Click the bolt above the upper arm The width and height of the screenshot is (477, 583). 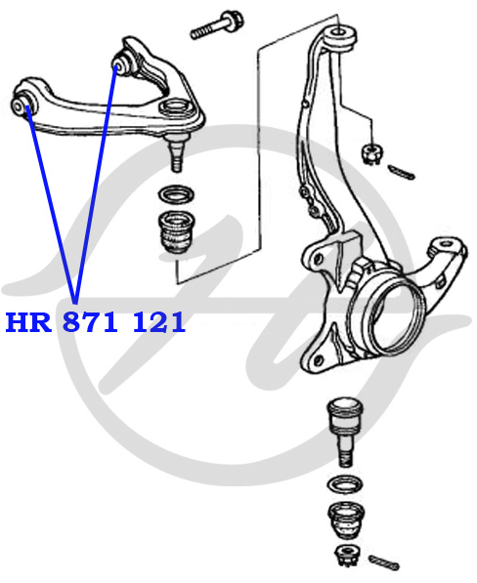click(x=217, y=25)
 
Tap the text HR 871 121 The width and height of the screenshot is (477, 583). click(x=95, y=322)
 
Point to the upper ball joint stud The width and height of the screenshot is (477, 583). click(x=176, y=151)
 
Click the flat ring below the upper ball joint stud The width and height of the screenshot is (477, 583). click(x=176, y=194)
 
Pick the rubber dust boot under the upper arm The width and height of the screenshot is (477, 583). click(x=176, y=232)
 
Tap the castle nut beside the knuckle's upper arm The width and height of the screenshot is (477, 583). click(x=371, y=154)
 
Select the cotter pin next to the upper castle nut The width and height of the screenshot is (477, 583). click(x=401, y=172)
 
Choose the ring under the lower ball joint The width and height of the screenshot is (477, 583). click(x=345, y=484)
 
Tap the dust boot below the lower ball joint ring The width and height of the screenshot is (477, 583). click(x=346, y=520)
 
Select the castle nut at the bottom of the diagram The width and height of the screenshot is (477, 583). click(x=347, y=557)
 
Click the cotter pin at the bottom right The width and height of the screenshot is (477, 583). click(x=384, y=562)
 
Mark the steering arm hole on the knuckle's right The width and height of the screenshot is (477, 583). click(x=445, y=244)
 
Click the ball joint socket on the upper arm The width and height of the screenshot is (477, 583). click(x=177, y=107)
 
